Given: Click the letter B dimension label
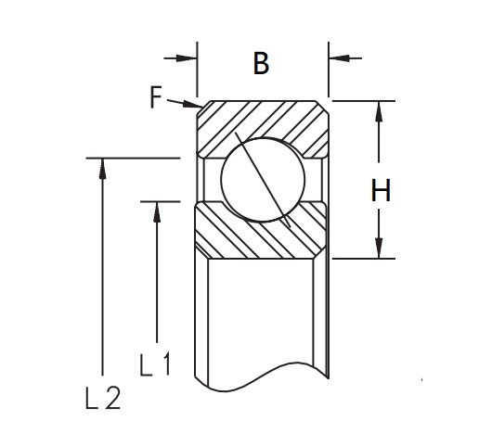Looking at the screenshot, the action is click(261, 64).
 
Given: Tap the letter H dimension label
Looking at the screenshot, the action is click(381, 190).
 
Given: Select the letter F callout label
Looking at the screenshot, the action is click(156, 96).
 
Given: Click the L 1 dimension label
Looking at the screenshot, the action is click(155, 363).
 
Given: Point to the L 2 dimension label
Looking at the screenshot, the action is click(103, 398).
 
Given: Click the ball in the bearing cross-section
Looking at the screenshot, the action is click(263, 180).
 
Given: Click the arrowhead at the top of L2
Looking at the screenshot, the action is click(102, 169).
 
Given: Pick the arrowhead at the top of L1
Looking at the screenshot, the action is click(157, 212).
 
